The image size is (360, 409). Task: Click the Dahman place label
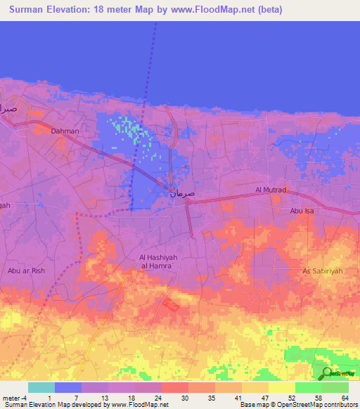pos(65,131)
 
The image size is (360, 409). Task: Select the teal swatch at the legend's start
pos(41,387)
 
